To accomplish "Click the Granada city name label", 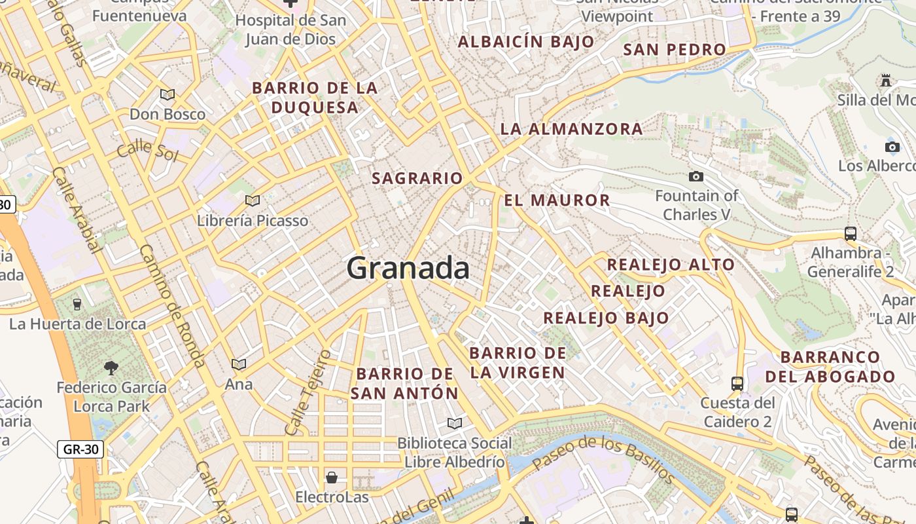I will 408,269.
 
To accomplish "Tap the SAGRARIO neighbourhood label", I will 417,178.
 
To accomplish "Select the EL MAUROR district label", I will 557,200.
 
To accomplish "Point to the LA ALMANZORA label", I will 571,129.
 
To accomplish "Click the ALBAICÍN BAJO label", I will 526,42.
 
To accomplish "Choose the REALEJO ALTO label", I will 671,265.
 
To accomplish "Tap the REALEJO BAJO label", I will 606,318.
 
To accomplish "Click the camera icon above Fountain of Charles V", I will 696,176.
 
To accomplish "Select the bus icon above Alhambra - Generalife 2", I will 851,233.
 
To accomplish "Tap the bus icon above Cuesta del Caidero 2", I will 737,383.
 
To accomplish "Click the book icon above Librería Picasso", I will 253,200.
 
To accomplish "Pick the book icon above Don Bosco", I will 167,94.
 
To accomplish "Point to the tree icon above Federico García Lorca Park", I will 111,367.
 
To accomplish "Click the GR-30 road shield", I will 80,449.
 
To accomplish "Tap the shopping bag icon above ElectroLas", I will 332,477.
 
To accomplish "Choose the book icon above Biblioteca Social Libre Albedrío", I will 454,423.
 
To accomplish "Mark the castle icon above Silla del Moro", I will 886,81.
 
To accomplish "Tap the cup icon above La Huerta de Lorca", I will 77,304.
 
